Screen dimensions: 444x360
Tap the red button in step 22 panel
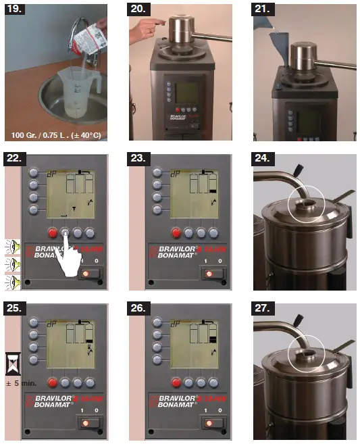pos(51,232)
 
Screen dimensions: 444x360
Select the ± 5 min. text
pos(13,381)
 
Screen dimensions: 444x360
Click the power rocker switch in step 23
pos(211,274)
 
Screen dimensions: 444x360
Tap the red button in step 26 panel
pos(175,380)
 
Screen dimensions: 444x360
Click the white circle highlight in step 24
pos(302,201)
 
